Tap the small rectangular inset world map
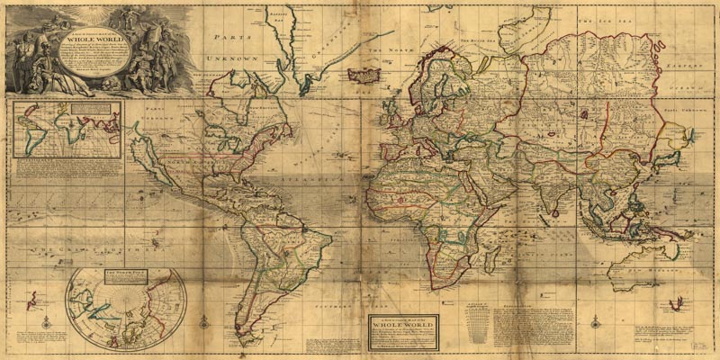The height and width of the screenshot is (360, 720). click(x=67, y=129)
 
